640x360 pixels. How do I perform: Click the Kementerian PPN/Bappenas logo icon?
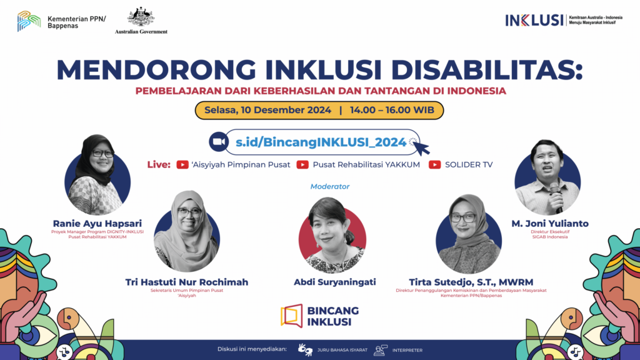[29, 21]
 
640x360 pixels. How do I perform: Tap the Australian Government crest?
[141, 17]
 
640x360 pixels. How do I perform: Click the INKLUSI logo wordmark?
[534, 20]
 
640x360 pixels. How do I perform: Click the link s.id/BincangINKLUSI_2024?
[321, 142]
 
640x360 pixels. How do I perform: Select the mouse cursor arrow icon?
[420, 147]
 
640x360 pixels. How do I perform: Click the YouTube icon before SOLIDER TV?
[434, 165]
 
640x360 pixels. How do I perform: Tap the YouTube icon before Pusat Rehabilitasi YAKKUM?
[302, 165]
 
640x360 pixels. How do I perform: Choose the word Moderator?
[329, 186]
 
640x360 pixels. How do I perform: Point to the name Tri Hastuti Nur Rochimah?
[186, 282]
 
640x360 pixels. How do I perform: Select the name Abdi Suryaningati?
[335, 282]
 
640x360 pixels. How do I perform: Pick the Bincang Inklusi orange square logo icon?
[291, 316]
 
